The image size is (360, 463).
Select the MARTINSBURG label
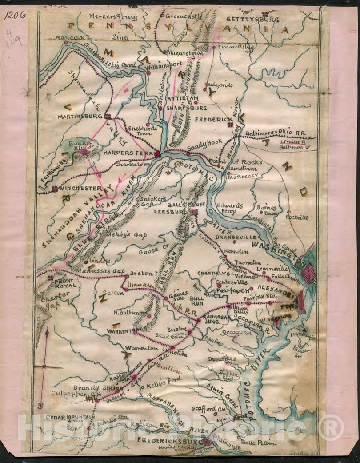[80, 117]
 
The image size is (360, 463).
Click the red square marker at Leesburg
[194, 212]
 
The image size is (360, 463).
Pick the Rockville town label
[297, 217]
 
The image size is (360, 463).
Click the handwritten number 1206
[15, 15]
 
